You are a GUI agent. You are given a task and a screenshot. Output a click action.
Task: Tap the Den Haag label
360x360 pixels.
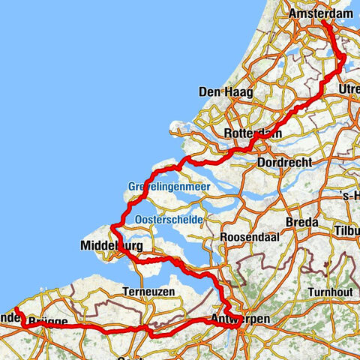pos(225,92)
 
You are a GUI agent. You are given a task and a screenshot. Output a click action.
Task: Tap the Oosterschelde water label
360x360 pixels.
pos(166,219)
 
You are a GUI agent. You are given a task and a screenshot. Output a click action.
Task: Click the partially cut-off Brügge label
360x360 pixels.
pos(49,321)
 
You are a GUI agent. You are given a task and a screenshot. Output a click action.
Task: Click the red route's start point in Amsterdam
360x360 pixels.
pos(324,22)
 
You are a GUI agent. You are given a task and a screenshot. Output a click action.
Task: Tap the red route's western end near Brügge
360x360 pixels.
pos(15,309)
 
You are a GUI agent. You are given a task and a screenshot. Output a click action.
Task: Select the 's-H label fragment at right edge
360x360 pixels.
pos(350,196)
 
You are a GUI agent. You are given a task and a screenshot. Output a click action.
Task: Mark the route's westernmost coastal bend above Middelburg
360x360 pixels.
pos(112,226)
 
